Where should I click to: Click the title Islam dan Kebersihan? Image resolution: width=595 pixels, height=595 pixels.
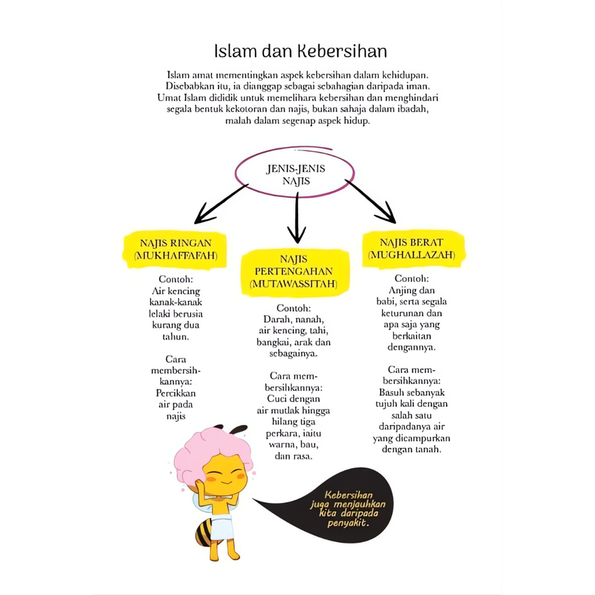[x=300, y=51]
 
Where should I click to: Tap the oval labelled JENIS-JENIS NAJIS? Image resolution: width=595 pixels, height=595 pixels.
[x=295, y=173]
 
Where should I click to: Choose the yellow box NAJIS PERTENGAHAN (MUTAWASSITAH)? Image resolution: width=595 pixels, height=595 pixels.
[x=296, y=271]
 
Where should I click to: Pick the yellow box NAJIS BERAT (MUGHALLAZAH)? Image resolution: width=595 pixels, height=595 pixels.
[x=412, y=249]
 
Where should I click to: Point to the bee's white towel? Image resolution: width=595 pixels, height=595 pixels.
[x=223, y=525]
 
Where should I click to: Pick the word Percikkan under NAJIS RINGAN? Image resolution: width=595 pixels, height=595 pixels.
[x=175, y=393]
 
